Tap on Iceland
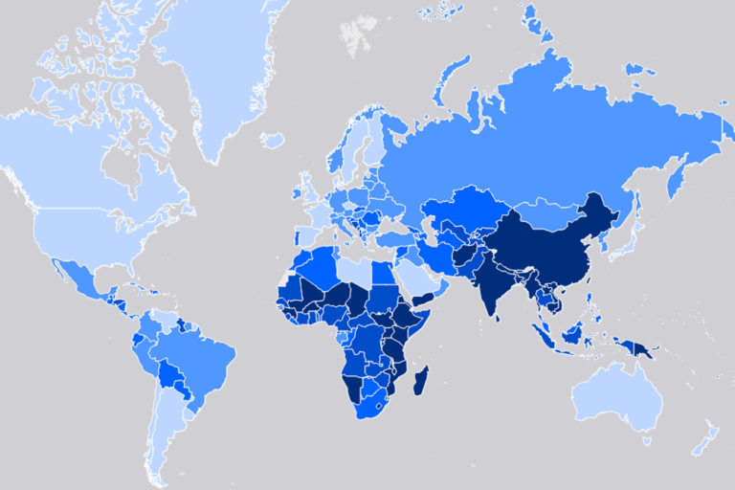(x=272, y=141)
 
